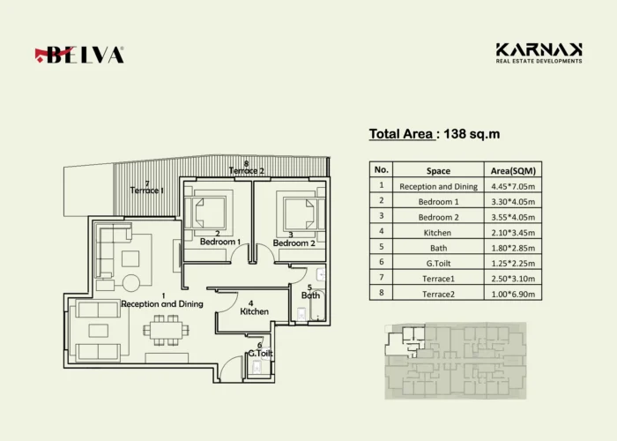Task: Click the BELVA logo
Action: click(79, 55)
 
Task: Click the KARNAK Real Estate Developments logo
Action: click(539, 53)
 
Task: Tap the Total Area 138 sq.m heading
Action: click(435, 134)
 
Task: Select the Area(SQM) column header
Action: click(513, 171)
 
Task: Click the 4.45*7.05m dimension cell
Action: click(513, 186)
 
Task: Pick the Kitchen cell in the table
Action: click(437, 233)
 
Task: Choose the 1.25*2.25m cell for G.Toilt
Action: click(513, 264)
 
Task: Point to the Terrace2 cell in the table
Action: click(438, 294)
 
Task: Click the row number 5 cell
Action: click(382, 246)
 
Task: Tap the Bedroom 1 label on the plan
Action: click(220, 242)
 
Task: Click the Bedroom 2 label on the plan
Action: click(294, 243)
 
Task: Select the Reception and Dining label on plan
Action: click(162, 304)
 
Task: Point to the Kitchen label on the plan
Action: click(254, 311)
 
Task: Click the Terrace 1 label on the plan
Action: click(147, 191)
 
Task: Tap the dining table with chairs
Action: click(166, 330)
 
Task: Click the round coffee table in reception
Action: click(131, 283)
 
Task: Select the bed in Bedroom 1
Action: click(205, 213)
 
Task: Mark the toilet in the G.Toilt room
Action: click(257, 368)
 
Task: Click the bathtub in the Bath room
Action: click(316, 305)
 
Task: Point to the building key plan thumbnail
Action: click(456, 361)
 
